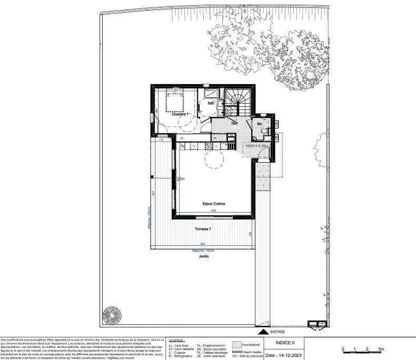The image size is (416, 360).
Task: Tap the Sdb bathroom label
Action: click(x=210, y=103)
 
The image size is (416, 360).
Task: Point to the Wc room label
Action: click(x=260, y=124)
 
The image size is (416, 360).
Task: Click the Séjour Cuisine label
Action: click(x=214, y=203)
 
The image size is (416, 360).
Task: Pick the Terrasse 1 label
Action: click(x=203, y=229)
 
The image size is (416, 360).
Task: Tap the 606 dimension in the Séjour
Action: click(x=214, y=211)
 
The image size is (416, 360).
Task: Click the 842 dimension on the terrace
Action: click(x=203, y=244)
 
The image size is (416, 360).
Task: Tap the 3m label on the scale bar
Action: click(x=381, y=349)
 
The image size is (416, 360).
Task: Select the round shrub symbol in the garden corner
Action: click(x=112, y=316)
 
